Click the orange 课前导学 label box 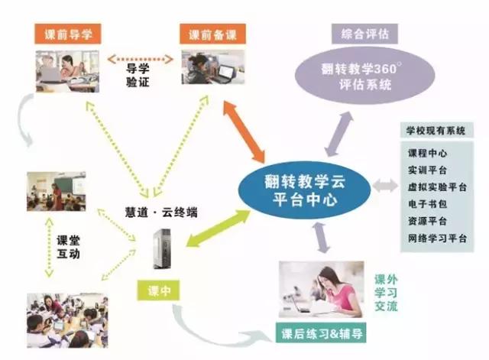(68, 34)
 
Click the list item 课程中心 (428, 153)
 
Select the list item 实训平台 (428, 170)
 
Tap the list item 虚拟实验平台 (438, 186)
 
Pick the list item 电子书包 (428, 203)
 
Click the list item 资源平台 (428, 220)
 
